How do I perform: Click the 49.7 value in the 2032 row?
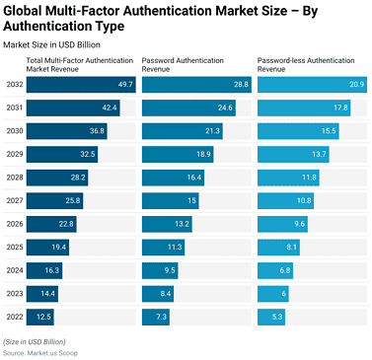124,85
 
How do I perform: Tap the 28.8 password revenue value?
240,85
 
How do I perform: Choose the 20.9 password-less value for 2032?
355,85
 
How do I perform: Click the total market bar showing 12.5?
39,316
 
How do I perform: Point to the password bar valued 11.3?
163,247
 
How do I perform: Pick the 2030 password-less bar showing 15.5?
298,131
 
